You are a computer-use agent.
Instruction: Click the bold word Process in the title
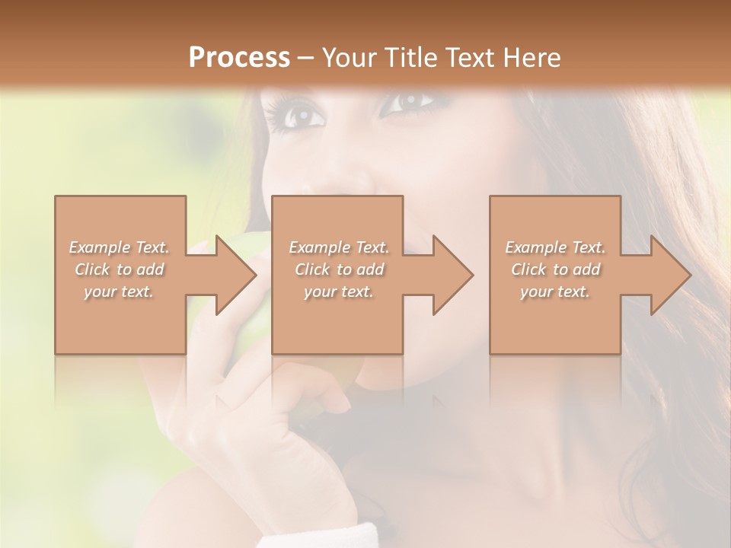[x=239, y=57]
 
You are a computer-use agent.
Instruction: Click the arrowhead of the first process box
[x=236, y=275]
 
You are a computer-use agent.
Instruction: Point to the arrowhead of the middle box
[x=453, y=275]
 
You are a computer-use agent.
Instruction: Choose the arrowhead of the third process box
[x=671, y=275]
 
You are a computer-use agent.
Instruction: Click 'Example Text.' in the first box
[x=119, y=247]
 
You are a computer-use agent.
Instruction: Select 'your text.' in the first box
[x=119, y=292]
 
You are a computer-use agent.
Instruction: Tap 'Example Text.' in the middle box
[x=339, y=247]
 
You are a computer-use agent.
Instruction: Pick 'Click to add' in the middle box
[x=339, y=269]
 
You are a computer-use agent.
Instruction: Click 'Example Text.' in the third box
[x=555, y=247]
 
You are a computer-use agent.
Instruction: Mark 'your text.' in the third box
[x=555, y=292]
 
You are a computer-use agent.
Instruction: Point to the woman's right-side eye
[x=407, y=101]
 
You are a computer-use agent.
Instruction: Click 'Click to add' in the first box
[x=119, y=269]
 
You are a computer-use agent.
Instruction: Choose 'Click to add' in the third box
[x=555, y=269]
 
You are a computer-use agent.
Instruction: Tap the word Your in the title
[x=347, y=57]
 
